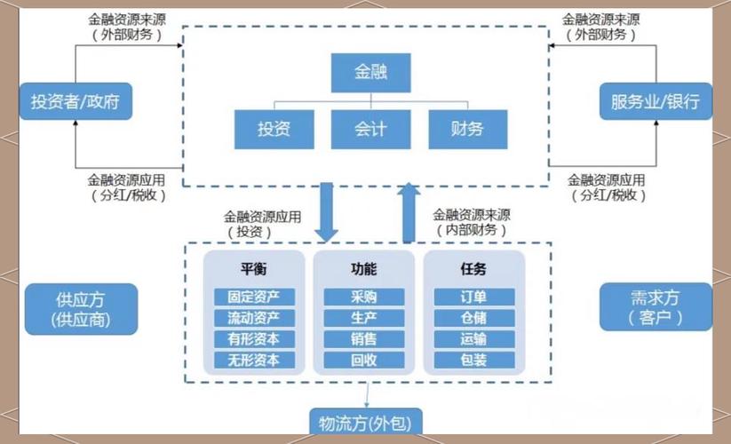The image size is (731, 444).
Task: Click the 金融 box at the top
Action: point(371,72)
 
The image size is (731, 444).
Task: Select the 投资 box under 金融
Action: point(274,129)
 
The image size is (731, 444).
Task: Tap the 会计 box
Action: point(370,129)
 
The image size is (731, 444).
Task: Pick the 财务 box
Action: point(467,129)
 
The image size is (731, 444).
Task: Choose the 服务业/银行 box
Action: point(655,101)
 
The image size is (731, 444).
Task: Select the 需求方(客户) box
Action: point(655,306)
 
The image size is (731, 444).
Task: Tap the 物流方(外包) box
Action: point(365,423)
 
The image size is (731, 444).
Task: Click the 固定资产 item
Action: point(253,297)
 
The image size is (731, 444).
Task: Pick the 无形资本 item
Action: point(253,360)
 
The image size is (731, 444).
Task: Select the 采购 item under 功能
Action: point(363,297)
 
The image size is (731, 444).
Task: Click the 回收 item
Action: point(363,360)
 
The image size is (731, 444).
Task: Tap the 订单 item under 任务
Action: point(473,297)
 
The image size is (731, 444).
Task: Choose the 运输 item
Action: point(473,338)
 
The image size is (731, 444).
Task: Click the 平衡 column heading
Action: point(253,269)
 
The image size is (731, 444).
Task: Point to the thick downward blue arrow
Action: point(327,213)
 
